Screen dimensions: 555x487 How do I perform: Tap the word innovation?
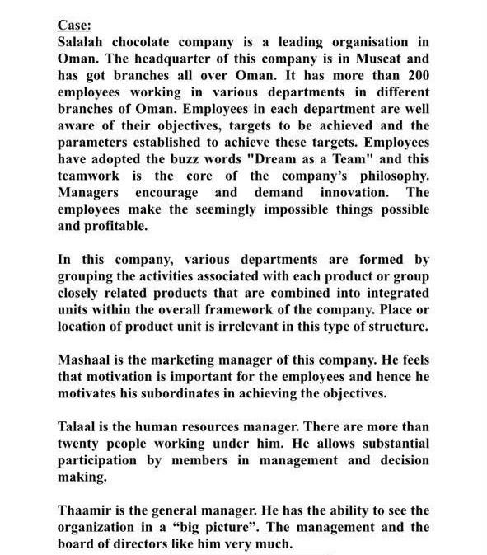pyautogui.click(x=344, y=192)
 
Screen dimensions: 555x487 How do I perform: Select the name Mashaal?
pyautogui.click(x=86, y=360)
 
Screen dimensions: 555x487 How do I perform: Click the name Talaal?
pyautogui.click(x=79, y=427)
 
